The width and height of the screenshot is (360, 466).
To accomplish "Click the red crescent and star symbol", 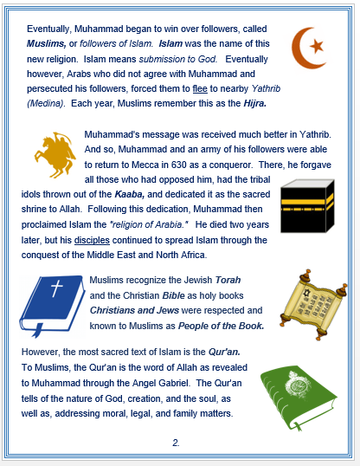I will (308, 47).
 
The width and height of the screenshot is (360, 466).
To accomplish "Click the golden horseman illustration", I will (52, 154).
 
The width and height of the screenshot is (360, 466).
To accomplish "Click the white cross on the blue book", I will (55, 290).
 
